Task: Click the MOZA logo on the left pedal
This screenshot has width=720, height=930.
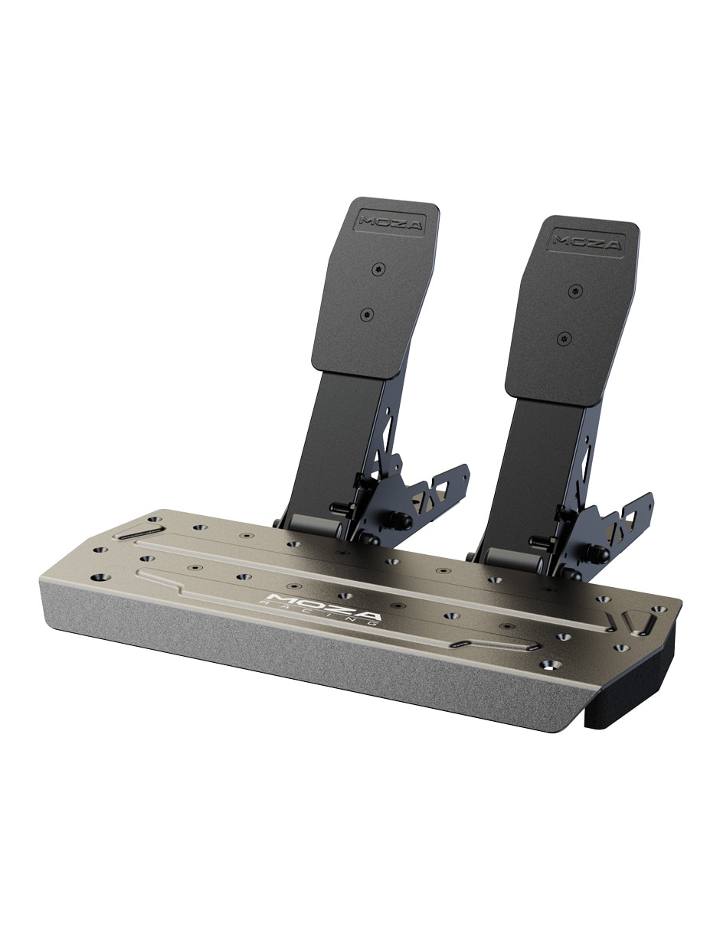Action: coord(391,223)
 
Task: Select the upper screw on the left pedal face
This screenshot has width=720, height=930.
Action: coord(378,269)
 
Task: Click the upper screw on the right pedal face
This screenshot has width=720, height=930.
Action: coord(576,292)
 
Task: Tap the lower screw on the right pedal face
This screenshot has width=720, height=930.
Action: coord(565,339)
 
